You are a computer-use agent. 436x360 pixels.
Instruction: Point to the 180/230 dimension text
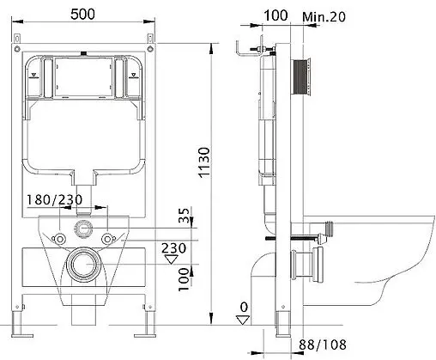pyautogui.click(x=77, y=200)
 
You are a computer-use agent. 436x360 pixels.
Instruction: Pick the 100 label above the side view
pyautogui.click(x=276, y=16)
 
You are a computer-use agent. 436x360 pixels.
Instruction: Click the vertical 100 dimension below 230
pyautogui.click(x=182, y=279)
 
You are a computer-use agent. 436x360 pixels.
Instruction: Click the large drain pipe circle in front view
pyautogui.click(x=84, y=265)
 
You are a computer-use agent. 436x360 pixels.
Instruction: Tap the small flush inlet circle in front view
pyautogui.click(x=84, y=229)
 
